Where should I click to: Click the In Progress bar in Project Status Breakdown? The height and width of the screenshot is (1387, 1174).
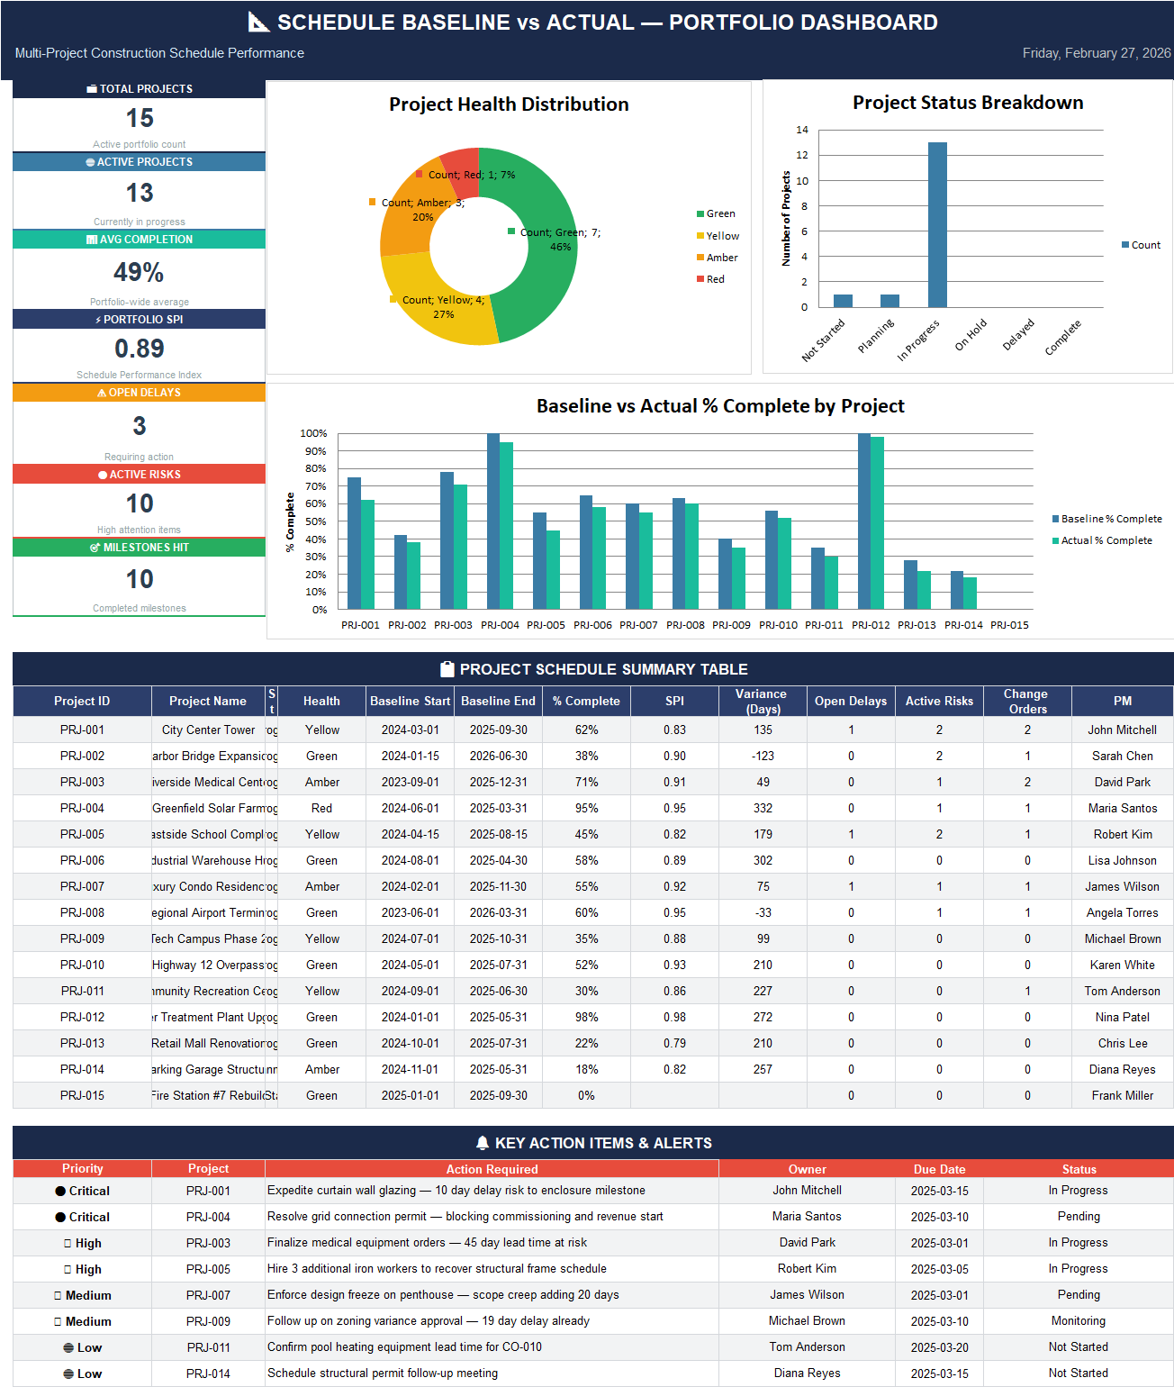click(937, 225)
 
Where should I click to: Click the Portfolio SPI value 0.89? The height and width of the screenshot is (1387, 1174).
click(140, 349)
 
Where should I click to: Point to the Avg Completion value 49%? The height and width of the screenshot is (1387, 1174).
click(139, 272)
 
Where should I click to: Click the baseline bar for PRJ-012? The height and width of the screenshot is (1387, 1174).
click(864, 522)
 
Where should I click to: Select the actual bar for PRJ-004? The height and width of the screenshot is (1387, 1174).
click(507, 527)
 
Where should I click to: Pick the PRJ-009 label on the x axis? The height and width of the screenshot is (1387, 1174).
click(731, 625)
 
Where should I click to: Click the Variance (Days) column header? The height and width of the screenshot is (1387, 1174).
click(762, 701)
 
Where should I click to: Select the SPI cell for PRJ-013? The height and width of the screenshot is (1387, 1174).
click(674, 1043)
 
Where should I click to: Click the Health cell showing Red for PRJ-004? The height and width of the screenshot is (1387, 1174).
click(321, 808)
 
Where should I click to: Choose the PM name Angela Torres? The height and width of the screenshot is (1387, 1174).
click(1122, 912)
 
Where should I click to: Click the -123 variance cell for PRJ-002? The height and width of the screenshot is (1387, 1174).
click(763, 756)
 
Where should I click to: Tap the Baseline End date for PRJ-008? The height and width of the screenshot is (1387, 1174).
click(498, 912)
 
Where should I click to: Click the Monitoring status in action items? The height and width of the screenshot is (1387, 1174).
click(1078, 1320)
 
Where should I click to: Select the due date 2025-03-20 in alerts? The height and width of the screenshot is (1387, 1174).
click(939, 1346)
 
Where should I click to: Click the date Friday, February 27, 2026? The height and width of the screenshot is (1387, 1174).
click(1096, 53)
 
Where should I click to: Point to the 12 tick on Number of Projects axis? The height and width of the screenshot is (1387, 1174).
click(801, 155)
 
